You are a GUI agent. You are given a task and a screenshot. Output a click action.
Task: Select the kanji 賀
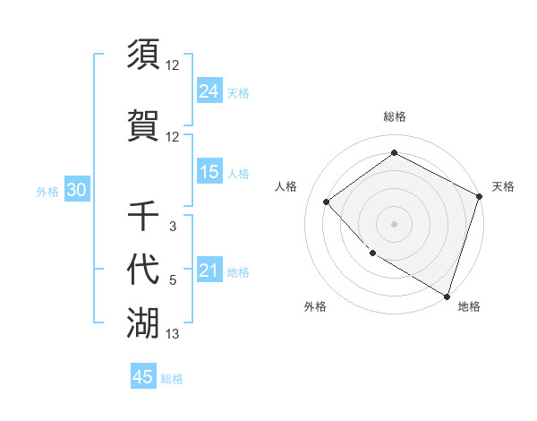143,125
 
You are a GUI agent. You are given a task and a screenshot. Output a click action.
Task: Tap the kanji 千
143,216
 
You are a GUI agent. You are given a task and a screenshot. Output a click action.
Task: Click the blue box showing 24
209,91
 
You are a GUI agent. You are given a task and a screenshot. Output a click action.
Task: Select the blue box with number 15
209,172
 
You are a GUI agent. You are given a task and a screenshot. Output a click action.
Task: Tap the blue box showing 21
209,271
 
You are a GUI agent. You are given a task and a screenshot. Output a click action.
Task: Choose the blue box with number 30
76,191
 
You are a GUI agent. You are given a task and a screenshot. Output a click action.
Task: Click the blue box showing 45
143,377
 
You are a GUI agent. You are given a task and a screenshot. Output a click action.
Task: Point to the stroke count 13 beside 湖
173,335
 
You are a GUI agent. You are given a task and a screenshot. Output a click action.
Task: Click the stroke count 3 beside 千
173,227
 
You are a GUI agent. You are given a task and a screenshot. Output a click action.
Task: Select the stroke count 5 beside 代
173,281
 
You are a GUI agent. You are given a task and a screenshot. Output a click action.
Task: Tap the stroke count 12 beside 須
173,64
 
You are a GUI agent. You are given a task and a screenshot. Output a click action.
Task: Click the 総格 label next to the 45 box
173,379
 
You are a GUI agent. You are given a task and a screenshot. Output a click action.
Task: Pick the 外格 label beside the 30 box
47,192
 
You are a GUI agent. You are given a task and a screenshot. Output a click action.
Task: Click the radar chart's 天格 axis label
503,186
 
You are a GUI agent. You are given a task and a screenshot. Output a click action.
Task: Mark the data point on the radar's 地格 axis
447,296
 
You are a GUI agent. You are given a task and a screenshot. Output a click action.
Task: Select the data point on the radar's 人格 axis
327,202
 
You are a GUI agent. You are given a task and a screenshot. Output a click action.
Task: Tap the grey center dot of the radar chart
394,223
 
